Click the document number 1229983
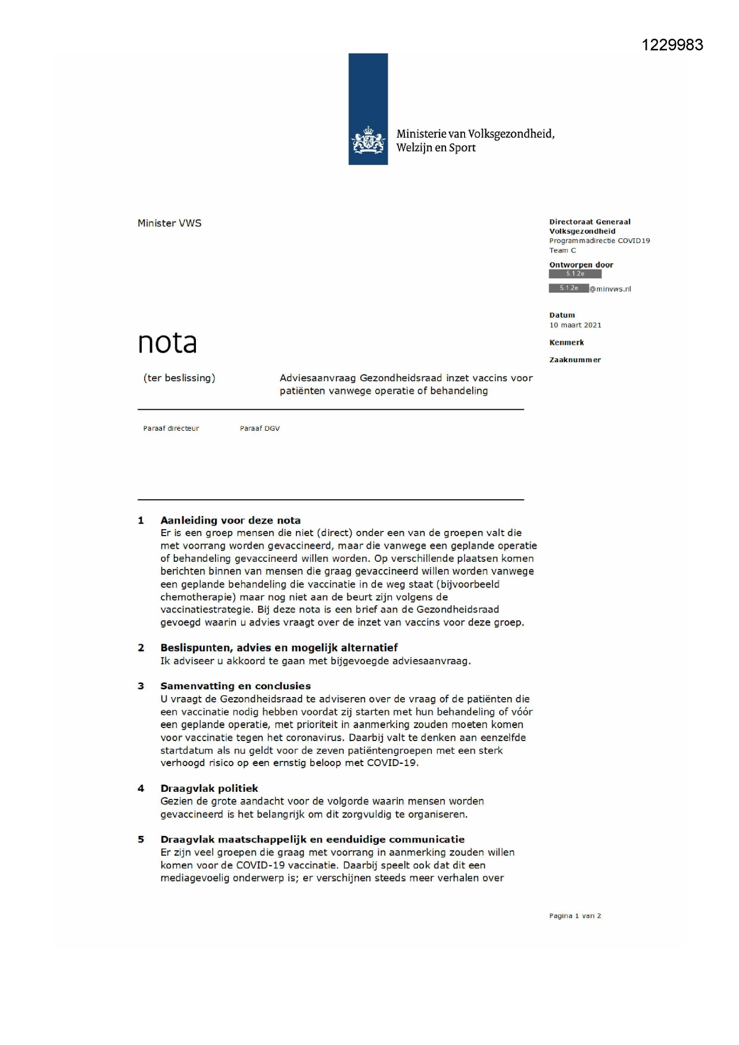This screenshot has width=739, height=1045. [672, 45]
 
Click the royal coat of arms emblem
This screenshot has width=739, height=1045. [367, 141]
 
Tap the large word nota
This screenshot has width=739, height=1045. [167, 343]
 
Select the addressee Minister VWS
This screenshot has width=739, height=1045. [170, 223]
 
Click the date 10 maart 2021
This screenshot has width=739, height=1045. [575, 325]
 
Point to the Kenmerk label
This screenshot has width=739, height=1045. [566, 343]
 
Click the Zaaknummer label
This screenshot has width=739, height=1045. [575, 360]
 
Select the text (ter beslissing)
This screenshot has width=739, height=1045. [179, 378]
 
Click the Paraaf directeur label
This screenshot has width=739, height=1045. [171, 428]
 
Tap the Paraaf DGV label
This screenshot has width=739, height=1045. [260, 428]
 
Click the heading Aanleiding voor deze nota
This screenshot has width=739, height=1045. [230, 520]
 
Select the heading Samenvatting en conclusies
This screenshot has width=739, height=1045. [235, 686]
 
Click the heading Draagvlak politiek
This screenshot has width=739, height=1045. [209, 788]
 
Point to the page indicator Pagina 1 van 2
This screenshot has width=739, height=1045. [575, 916]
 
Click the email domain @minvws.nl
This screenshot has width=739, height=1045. [610, 289]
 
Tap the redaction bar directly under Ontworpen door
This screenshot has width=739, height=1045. [575, 274]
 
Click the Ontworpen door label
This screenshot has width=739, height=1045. [581, 265]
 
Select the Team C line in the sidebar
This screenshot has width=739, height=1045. [563, 250]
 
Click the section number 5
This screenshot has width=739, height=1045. [141, 839]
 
